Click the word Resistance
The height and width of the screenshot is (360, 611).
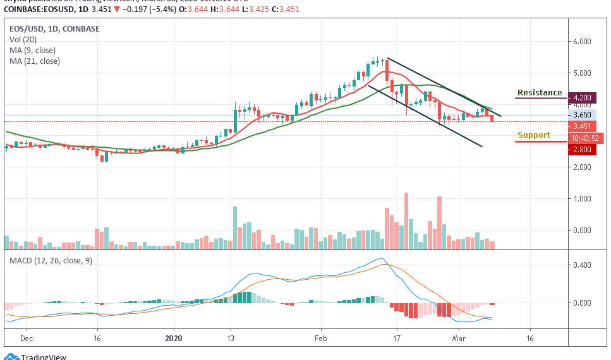[539, 93]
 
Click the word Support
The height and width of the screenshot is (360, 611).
[533, 135]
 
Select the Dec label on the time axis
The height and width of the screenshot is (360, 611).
[27, 339]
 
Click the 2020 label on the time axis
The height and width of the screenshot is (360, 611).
[173, 339]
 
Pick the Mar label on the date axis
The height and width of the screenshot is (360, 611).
[459, 339]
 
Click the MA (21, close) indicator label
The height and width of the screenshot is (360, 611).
[35, 61]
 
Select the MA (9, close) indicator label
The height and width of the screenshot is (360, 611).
[33, 50]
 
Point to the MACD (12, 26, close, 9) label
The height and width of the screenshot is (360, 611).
[51, 260]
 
